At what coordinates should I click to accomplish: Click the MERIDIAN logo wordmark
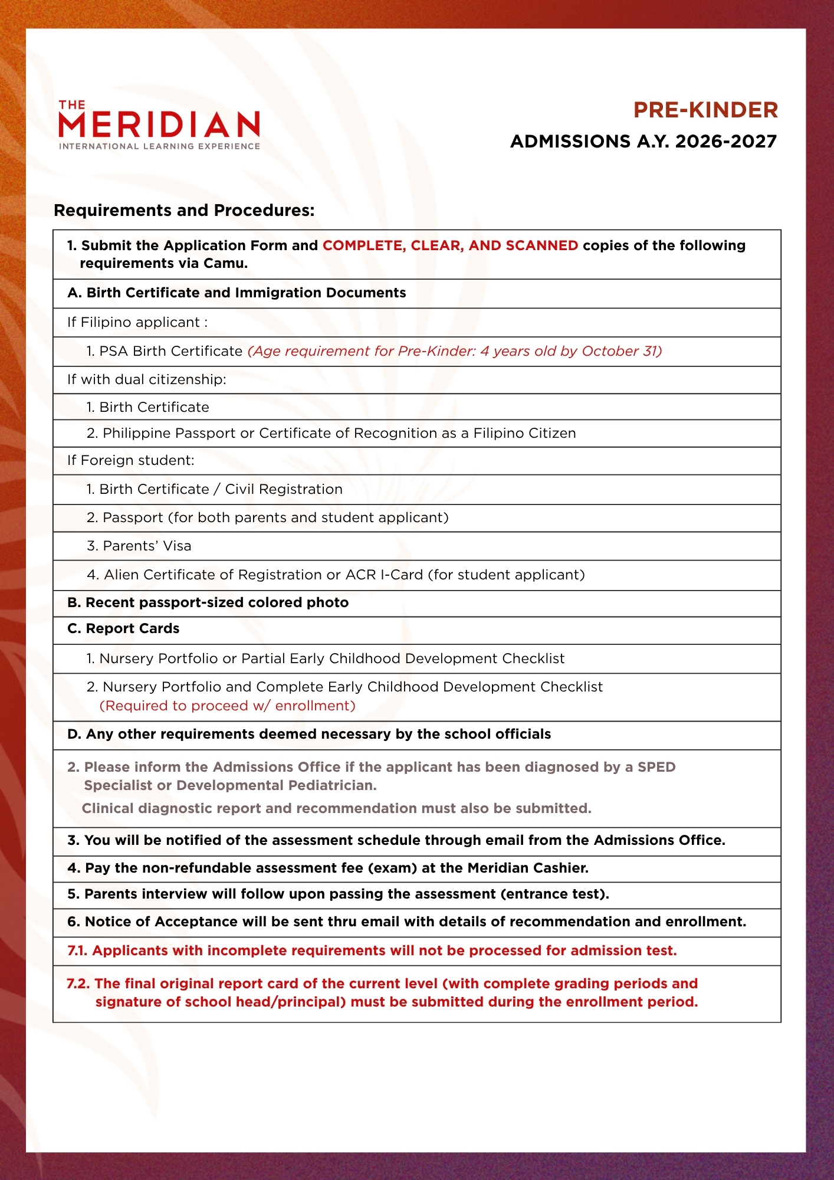pos(159,124)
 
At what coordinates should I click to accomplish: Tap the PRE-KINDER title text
pos(705,110)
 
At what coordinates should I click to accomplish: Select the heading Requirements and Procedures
pos(184,211)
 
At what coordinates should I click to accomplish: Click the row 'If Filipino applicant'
pos(137,322)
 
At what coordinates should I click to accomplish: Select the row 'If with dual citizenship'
pos(146,379)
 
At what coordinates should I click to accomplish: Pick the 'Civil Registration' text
pos(284,489)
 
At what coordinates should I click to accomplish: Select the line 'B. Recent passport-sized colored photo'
pos(208,602)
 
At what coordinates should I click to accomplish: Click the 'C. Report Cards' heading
pos(123,629)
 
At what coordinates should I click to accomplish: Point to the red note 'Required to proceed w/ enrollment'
pos(227,706)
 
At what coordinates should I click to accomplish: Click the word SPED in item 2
pos(656,767)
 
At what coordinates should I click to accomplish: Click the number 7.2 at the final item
pos(78,984)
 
